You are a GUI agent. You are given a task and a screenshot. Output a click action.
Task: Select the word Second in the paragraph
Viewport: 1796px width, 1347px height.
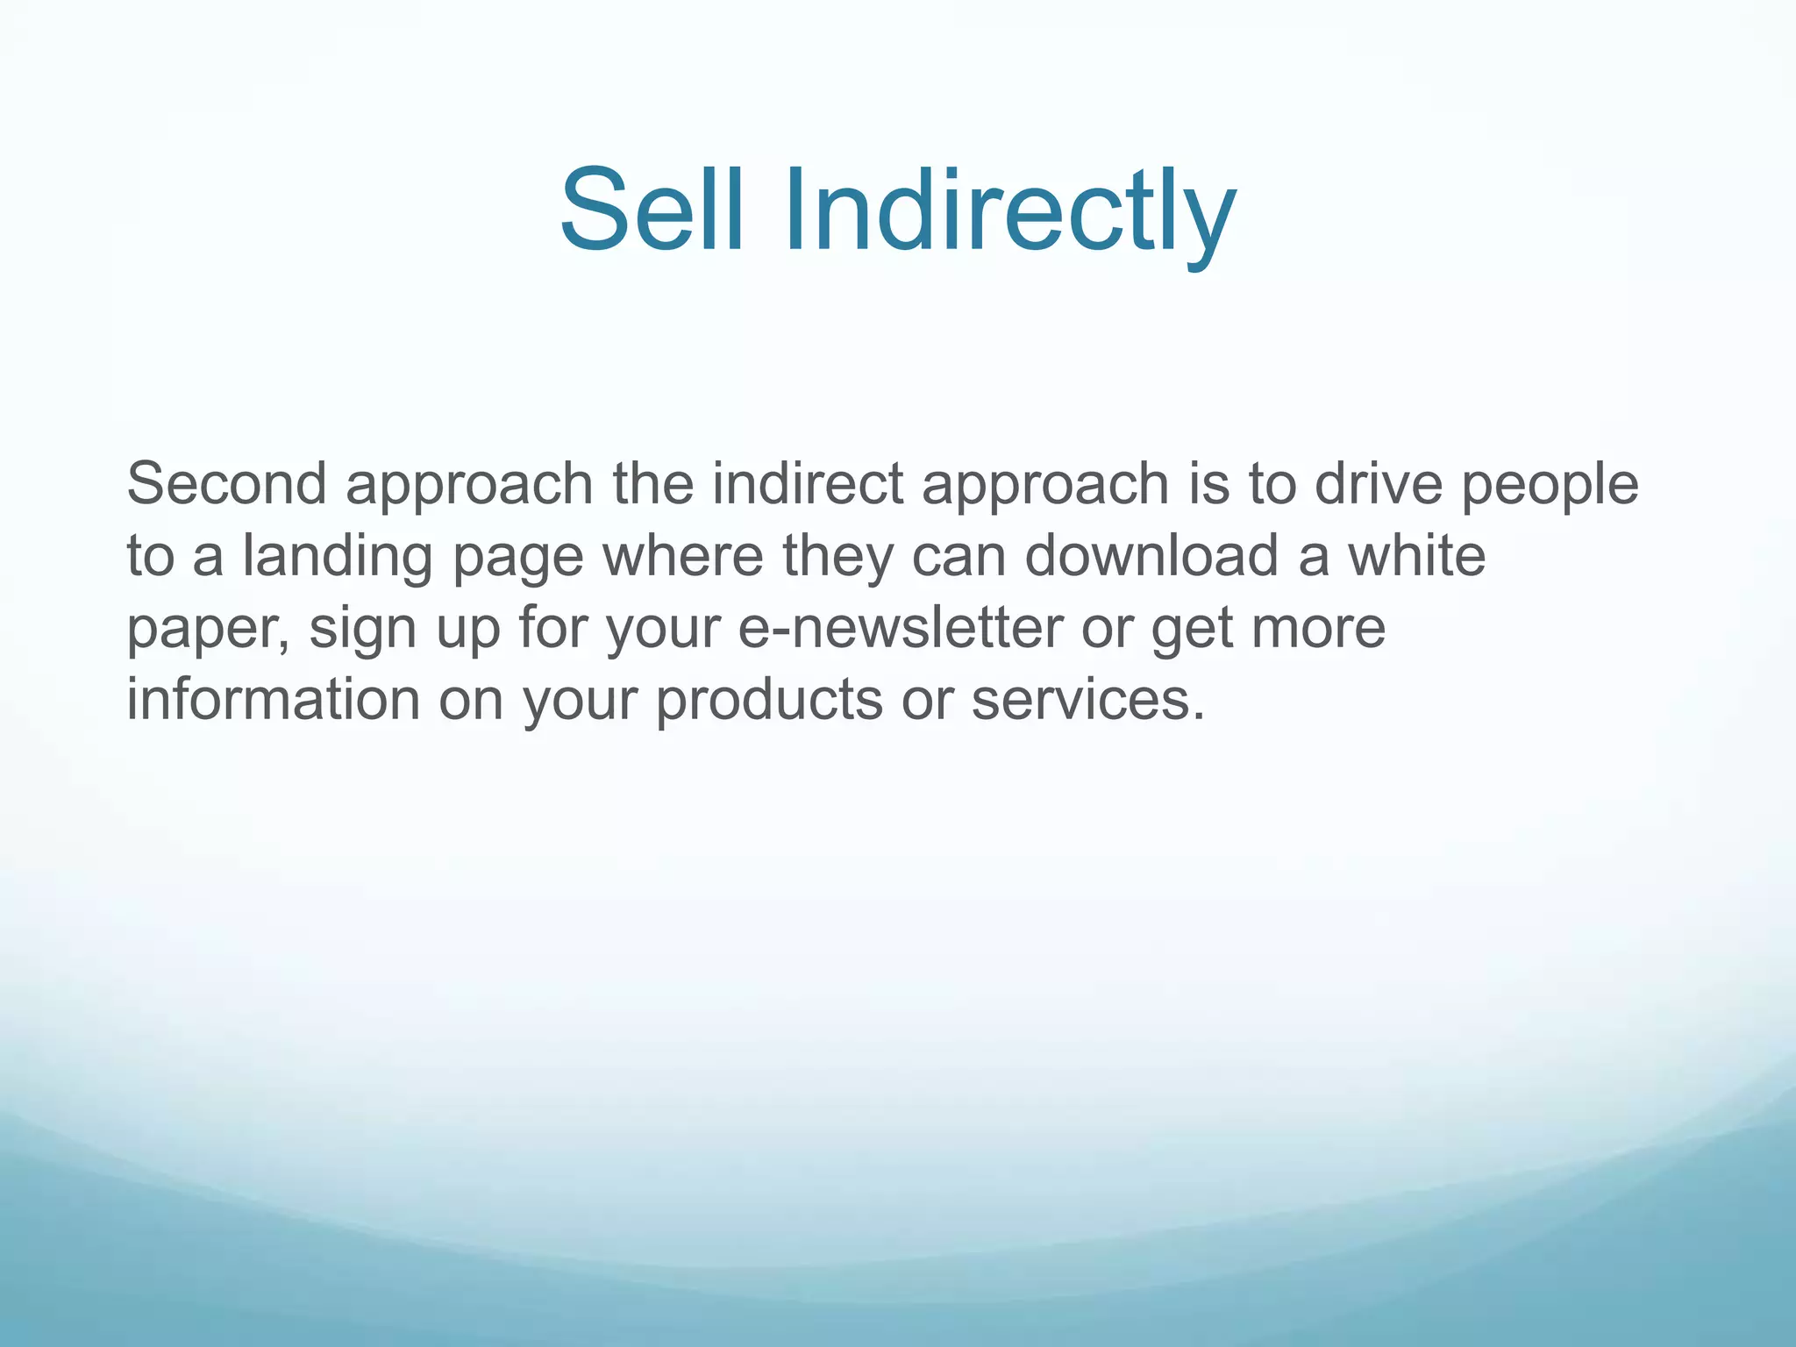[x=227, y=483]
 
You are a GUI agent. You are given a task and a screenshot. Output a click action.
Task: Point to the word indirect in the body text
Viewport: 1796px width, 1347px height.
[x=807, y=483]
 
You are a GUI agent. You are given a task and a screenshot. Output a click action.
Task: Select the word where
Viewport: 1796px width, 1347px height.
[x=683, y=555]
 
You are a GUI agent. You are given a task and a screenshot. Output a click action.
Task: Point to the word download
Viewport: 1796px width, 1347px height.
[x=1151, y=555]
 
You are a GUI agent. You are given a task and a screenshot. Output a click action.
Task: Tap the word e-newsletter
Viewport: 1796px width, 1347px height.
[x=900, y=628]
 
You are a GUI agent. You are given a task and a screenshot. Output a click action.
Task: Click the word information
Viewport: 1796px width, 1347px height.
[x=273, y=699]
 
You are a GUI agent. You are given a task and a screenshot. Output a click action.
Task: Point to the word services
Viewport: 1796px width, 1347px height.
[x=1087, y=700]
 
